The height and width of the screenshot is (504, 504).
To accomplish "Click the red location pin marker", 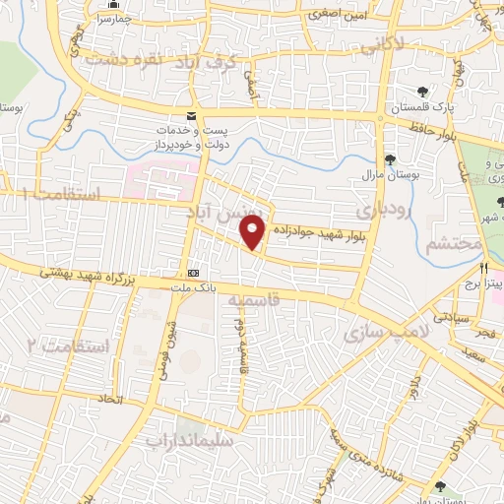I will (x=253, y=232).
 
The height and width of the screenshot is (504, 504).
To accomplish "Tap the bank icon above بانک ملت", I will (x=193, y=272).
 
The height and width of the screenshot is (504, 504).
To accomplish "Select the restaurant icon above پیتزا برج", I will (x=483, y=268).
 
